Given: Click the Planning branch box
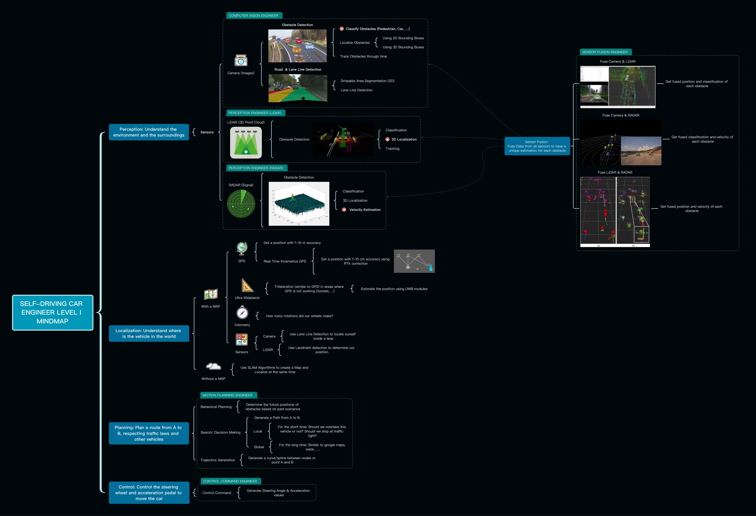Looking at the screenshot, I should coord(149,433).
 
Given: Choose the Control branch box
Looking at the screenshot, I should coord(149,493).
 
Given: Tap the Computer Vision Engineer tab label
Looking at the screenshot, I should coord(253,16).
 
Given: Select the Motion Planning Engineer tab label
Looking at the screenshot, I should coord(227,395).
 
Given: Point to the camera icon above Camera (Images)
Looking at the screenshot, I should coord(241,61).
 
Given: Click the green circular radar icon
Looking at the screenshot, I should coord(241,204).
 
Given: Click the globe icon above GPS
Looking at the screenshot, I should coord(242,249).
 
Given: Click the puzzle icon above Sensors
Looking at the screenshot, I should coord(242,339).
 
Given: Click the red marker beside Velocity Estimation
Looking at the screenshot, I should coord(344,210).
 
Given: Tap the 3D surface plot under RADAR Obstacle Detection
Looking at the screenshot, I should coord(299,204).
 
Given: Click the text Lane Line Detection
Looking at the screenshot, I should coord(357,90).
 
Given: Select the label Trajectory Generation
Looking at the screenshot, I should coord(218,460).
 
